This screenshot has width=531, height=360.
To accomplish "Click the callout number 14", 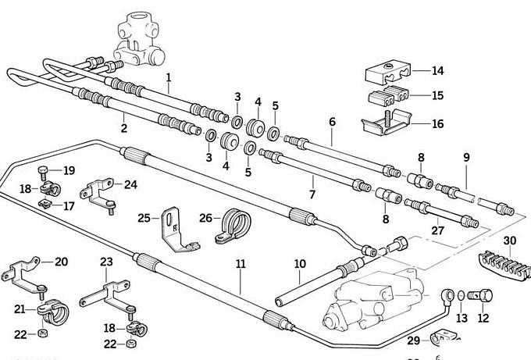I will click(437, 71).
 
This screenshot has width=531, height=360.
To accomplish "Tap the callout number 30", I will click(510, 240).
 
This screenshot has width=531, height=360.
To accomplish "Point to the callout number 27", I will click(437, 231).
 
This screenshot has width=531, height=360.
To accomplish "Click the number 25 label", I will click(144, 217).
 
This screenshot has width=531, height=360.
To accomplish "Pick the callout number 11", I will click(241, 265).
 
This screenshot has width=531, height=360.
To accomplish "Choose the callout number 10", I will click(300, 264).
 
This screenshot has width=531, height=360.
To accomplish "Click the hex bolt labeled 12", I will click(484, 298).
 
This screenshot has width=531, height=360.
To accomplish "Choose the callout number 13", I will click(462, 318).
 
